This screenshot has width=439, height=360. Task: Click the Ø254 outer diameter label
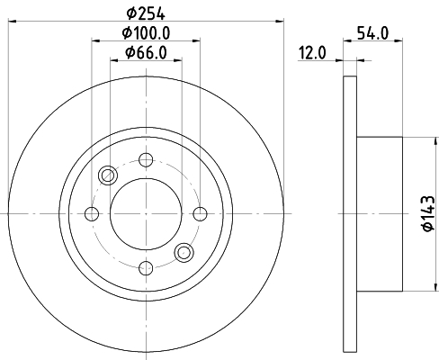coord(146,13)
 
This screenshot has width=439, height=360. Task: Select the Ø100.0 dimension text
coord(146,32)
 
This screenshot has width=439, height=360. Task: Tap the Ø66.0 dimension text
coord(146,53)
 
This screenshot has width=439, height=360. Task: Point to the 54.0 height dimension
coord(372,33)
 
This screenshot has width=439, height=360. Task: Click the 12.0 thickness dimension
coord(312,53)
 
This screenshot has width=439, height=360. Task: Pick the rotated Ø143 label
coord(428,213)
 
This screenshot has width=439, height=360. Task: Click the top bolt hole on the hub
coord(146,160)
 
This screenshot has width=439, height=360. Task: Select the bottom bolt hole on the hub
coord(146,268)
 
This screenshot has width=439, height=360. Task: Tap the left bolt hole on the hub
coord(92,214)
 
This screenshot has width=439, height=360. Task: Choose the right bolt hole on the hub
coord(200,214)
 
